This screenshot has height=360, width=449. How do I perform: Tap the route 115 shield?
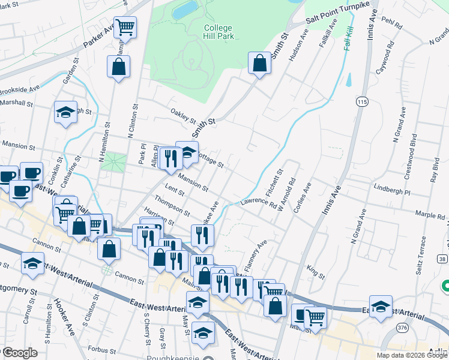click(361, 103)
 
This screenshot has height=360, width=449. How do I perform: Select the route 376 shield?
click(402, 327)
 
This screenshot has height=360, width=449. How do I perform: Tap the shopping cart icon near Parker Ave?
click(125, 26)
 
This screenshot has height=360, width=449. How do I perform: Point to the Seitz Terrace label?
click(422, 251)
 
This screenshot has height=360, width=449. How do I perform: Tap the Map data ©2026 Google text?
click(411, 355)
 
